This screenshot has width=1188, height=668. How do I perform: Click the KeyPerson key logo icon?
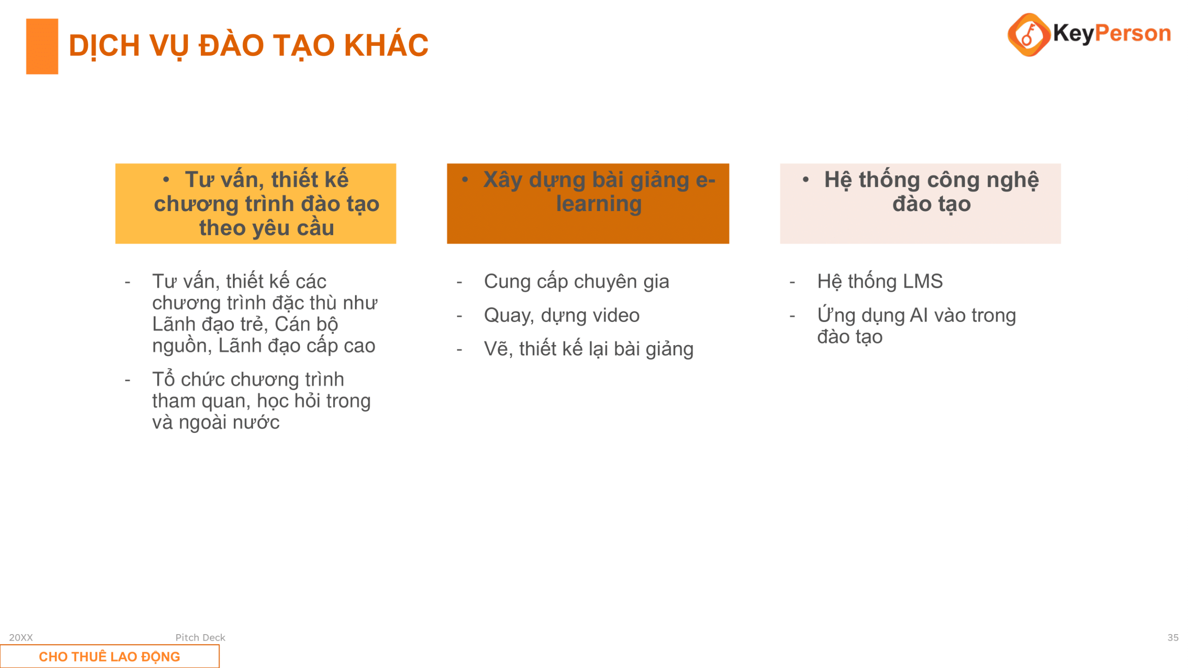coord(1028,35)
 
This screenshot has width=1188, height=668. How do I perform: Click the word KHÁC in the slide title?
coord(386,45)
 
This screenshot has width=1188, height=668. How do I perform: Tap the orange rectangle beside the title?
coord(42,46)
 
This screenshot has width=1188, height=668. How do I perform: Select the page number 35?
coord(1173,637)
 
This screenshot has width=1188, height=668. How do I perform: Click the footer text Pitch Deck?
coord(200,637)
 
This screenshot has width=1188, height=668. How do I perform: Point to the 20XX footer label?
coord(21,637)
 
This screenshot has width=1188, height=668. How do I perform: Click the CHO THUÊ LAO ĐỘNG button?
coord(110,656)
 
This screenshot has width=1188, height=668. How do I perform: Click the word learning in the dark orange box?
coord(599,204)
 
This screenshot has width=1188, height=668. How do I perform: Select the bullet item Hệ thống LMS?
coord(880,282)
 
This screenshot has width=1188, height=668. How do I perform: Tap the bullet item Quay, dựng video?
coord(562,315)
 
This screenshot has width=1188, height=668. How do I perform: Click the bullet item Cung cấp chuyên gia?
coord(576,282)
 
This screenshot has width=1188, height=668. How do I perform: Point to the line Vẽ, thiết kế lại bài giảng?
coord(588,349)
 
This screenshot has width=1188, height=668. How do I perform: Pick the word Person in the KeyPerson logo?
coord(1133,33)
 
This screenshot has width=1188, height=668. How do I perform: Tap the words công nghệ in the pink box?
coord(983,180)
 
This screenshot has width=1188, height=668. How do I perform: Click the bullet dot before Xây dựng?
coord(465,180)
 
